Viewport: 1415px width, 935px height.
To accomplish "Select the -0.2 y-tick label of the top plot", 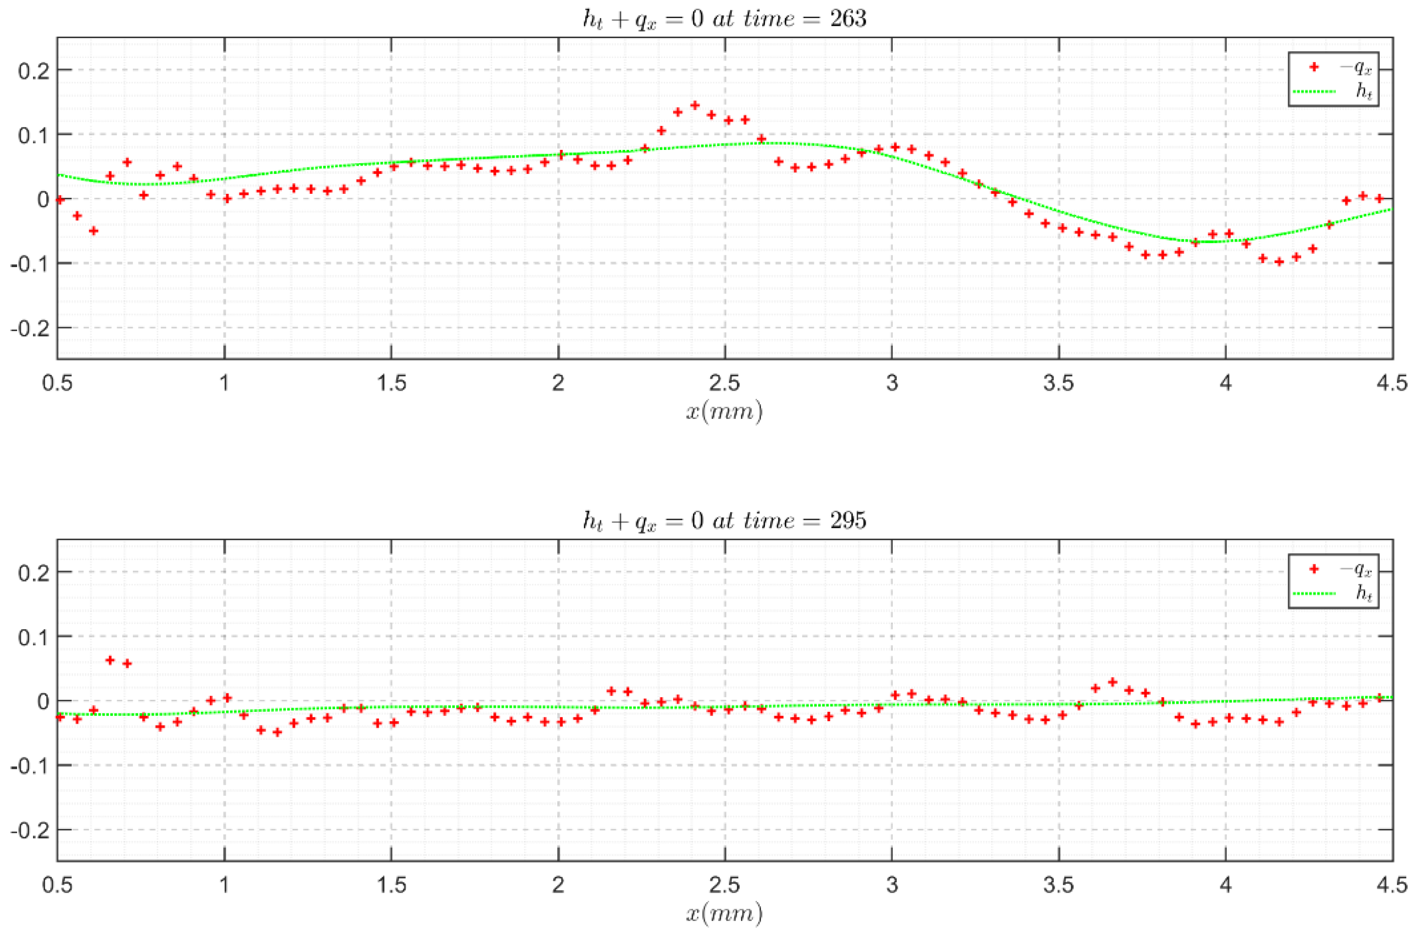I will click(x=30, y=328).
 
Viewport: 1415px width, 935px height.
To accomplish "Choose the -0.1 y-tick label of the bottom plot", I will click(x=30, y=766).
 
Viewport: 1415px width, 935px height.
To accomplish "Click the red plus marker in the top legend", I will click(x=1313, y=67).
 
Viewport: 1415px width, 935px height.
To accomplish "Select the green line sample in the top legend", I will click(x=1313, y=91).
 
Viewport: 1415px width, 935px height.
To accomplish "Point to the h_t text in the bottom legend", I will click(x=1364, y=594).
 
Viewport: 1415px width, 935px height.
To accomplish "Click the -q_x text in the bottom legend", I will click(x=1355, y=569).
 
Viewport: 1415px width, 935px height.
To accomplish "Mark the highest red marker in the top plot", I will click(x=695, y=105).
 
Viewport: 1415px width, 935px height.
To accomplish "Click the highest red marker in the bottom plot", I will click(x=110, y=660).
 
